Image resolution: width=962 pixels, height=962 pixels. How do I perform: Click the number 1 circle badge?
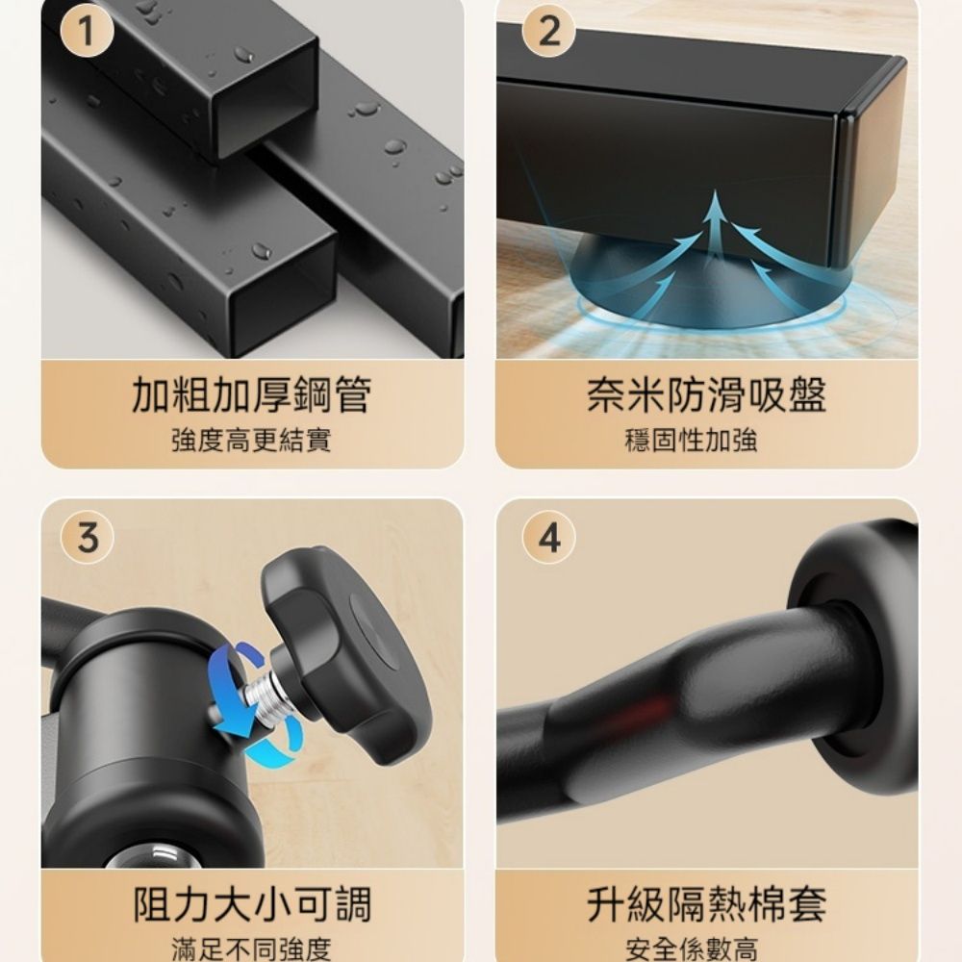(x=87, y=31)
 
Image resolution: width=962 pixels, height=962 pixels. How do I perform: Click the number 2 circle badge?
(x=548, y=31)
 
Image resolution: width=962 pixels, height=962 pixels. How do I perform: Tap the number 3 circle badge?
(x=88, y=538)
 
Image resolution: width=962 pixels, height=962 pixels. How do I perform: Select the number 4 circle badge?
(x=549, y=538)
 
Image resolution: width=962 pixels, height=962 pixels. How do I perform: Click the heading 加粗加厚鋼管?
(x=251, y=394)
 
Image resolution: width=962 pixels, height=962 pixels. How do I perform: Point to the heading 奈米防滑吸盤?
(x=707, y=394)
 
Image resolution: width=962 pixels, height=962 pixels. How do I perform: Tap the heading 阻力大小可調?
(x=252, y=903)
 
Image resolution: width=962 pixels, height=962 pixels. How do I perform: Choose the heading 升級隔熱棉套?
(x=707, y=903)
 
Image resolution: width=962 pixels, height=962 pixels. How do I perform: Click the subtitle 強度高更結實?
(x=251, y=441)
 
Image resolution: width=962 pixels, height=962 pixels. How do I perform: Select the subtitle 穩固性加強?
(x=692, y=441)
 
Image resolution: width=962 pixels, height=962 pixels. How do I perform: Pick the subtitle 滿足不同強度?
(x=251, y=949)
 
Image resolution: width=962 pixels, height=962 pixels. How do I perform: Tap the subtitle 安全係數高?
(x=692, y=949)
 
